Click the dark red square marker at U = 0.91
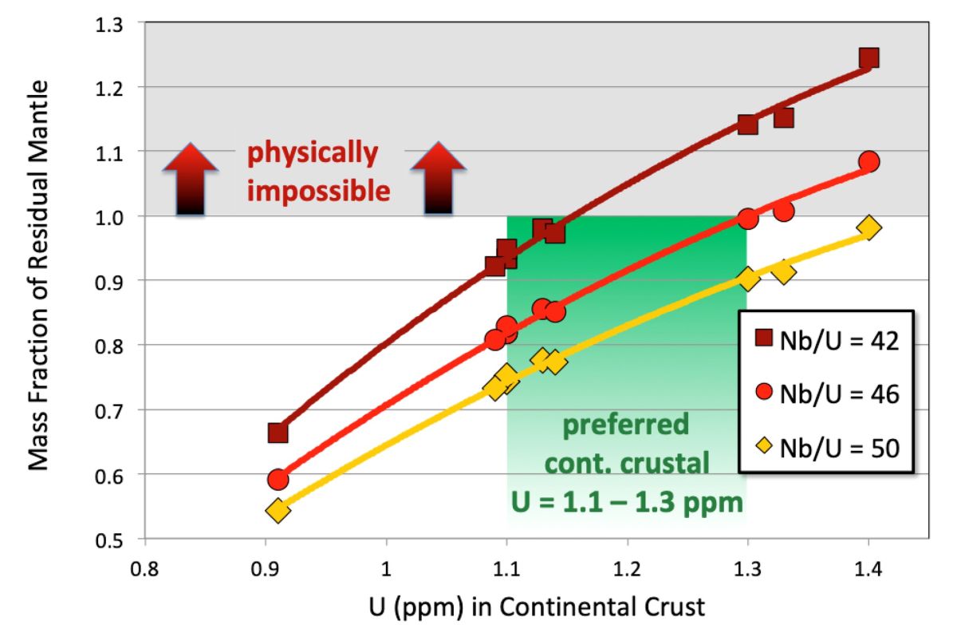(x=278, y=433)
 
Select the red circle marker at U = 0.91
(x=278, y=480)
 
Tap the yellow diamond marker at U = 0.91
(x=278, y=510)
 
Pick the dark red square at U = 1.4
(x=868, y=57)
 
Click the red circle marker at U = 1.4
(x=869, y=161)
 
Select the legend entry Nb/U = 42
(x=826, y=341)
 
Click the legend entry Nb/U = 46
(x=826, y=394)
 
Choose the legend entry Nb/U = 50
(x=826, y=446)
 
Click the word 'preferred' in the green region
(x=626, y=425)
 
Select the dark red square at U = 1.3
(x=747, y=125)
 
